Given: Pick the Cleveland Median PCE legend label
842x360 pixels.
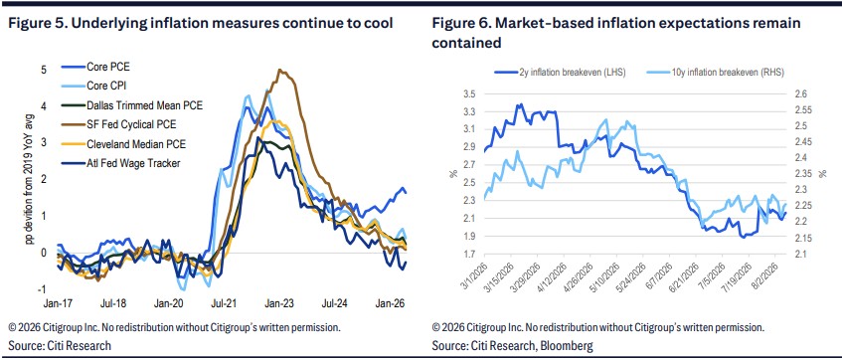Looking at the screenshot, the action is tap(127, 144).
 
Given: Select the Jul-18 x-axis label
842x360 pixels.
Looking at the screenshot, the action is tap(114, 303).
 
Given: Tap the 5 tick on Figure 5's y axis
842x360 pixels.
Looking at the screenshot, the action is tap(44, 70).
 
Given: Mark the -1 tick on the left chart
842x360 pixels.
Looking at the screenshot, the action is tap(43, 289).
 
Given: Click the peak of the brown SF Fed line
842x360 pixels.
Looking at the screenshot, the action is tap(279, 70).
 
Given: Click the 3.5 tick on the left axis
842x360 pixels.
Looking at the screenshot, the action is tap(469, 94).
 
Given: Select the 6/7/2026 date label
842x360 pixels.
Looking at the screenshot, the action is tap(661, 273).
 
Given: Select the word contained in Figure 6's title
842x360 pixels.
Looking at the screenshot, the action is tap(466, 43).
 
